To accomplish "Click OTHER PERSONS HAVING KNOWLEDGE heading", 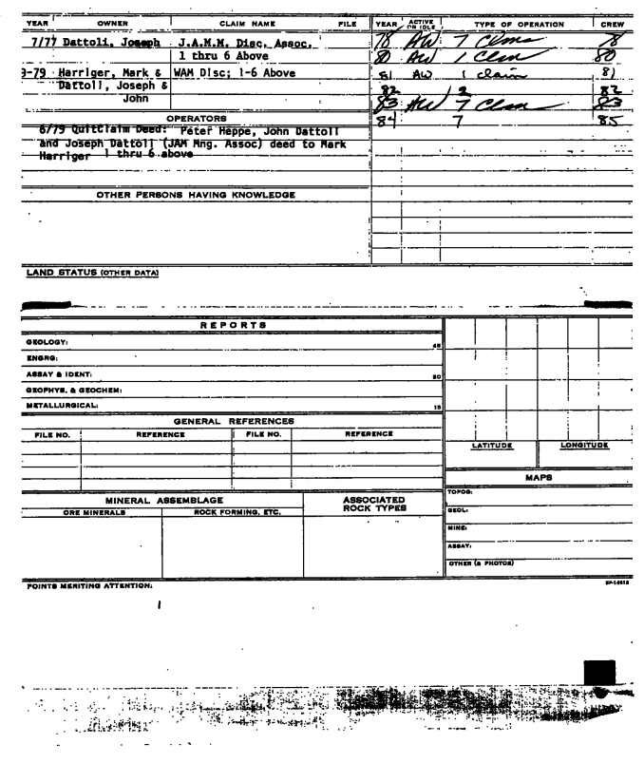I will [196, 195].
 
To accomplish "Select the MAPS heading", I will [540, 478].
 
